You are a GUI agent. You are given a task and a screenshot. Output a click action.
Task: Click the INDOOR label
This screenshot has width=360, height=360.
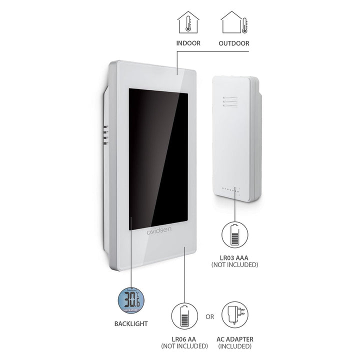tap(188, 43)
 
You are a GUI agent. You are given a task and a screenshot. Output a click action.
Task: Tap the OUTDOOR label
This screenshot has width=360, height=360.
tap(233, 43)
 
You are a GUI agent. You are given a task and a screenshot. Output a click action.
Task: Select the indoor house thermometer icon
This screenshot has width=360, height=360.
tap(188, 22)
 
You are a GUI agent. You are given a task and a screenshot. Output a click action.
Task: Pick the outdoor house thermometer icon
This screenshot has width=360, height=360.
tap(234, 22)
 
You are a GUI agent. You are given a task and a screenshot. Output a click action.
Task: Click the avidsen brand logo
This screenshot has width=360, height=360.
tap(159, 230)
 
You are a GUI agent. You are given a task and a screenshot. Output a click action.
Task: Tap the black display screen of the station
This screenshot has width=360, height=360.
tap(158, 159)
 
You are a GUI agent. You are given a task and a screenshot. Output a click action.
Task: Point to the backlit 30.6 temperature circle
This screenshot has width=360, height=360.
tap(131, 300)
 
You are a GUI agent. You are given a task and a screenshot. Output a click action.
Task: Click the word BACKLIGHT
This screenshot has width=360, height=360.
tap(131, 323)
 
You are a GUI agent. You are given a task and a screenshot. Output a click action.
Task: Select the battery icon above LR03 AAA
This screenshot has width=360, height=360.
tap(234, 234)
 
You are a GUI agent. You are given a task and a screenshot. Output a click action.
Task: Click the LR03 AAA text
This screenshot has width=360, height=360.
tap(234, 258)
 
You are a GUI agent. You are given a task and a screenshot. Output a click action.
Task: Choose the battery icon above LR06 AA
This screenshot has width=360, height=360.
tap(184, 316)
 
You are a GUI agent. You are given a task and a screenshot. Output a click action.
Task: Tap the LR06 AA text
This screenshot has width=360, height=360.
tap(184, 339)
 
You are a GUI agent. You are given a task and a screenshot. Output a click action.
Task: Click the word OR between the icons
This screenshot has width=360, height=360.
tap(209, 317)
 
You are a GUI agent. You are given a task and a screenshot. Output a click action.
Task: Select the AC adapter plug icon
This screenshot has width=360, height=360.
tap(235, 315)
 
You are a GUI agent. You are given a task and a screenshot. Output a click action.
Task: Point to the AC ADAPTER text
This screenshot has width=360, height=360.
tap(235, 339)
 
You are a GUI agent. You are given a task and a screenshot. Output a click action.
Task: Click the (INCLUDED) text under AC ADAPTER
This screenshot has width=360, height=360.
tap(234, 346)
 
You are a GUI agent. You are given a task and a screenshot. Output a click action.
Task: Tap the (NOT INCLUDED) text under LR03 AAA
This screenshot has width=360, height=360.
tap(234, 264)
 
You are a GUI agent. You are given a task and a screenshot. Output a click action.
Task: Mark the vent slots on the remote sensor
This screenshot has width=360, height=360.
tap(230, 101)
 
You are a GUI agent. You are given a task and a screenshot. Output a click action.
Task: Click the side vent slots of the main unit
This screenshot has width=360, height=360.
tap(105, 135)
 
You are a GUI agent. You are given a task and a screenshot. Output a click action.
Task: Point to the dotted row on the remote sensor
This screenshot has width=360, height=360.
tap(230, 189)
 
